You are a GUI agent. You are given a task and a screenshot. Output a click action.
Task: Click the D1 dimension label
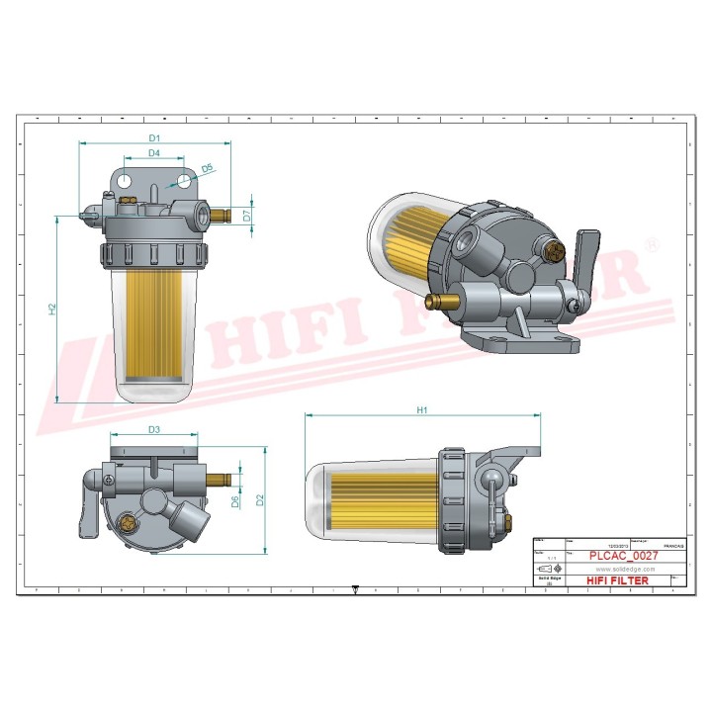click(154, 137)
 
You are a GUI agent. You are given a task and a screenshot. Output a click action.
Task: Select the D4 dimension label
click(154, 153)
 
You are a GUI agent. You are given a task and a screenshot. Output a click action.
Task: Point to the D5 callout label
click(207, 169)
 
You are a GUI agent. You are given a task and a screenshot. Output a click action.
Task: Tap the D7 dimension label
click(246, 214)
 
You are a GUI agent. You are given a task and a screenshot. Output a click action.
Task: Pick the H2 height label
click(53, 310)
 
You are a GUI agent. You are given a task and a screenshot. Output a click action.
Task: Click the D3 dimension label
click(154, 430)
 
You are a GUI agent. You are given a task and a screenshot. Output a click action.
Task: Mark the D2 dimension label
click(260, 500)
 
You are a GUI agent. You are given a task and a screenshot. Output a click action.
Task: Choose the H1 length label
click(422, 409)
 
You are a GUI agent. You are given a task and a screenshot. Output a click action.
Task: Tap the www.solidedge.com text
click(619, 569)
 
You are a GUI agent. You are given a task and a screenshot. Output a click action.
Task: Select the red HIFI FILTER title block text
click(618, 581)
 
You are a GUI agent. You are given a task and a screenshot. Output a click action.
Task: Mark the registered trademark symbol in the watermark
click(652, 243)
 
